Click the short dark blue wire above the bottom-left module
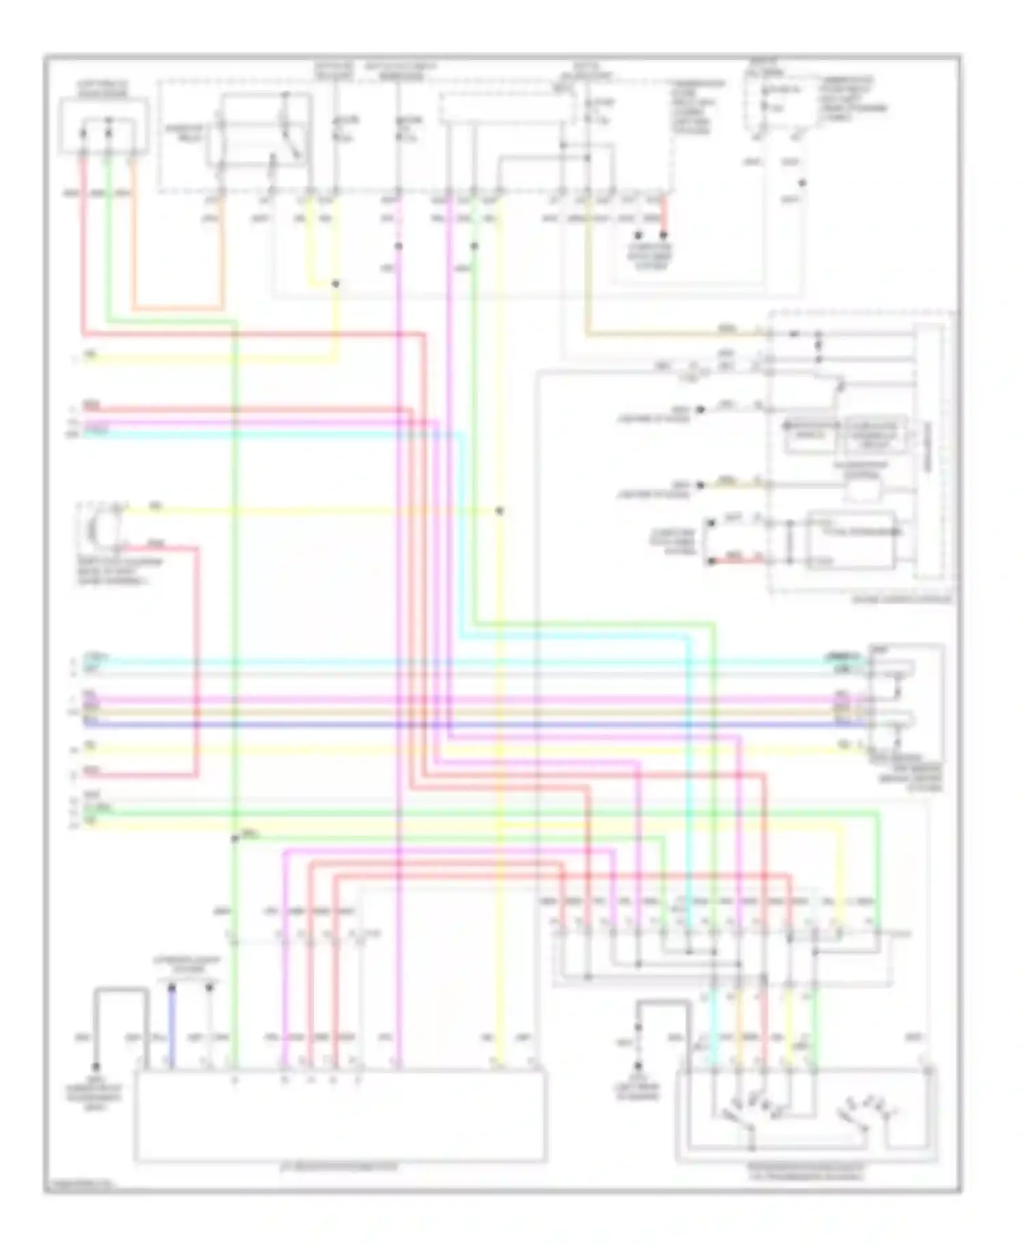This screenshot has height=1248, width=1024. (172, 1024)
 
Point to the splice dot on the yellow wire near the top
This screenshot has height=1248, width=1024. (335, 283)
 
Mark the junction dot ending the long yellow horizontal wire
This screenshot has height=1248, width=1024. (500, 511)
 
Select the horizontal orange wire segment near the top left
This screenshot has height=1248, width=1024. (177, 309)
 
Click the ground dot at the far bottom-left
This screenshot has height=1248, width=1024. (96, 1066)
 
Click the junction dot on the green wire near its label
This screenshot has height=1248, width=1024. (234, 838)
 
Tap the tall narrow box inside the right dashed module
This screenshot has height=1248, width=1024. (928, 451)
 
